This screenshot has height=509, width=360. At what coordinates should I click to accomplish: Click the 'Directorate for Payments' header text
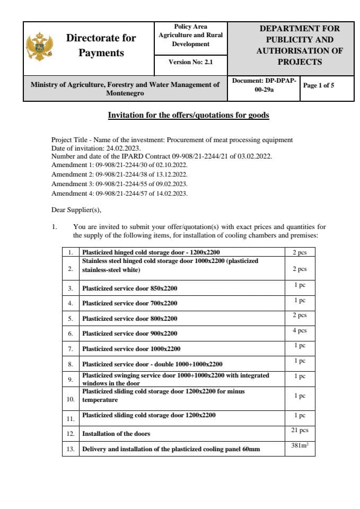point(101,46)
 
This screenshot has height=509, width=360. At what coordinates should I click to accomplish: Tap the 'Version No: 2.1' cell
point(190,62)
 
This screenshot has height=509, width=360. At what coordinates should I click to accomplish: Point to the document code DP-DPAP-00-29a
point(264,85)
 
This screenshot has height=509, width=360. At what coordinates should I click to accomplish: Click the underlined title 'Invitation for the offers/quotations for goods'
point(188,115)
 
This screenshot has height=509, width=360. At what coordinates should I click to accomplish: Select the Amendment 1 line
point(119,165)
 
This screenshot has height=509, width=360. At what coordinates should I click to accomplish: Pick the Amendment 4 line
point(119,194)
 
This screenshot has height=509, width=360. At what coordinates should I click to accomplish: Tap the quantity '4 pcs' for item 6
point(300,330)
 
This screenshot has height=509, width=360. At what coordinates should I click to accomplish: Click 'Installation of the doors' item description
point(116,434)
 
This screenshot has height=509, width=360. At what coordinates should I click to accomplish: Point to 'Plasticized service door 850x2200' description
point(129,288)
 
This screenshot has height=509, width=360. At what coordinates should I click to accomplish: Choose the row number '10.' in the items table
point(71,399)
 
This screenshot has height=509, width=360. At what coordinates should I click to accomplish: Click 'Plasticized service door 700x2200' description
point(129,303)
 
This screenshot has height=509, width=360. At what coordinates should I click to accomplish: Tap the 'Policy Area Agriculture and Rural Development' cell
point(190,35)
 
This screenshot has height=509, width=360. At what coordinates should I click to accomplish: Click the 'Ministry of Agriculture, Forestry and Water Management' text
point(125,89)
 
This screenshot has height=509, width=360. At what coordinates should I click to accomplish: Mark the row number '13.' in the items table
point(71,449)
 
